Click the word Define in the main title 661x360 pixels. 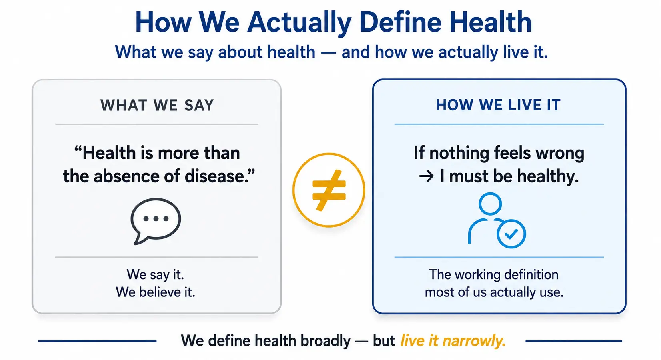pyautogui.click(x=400, y=22)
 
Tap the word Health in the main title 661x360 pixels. pyautogui.click(x=490, y=22)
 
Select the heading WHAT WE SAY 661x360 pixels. pyautogui.click(x=157, y=105)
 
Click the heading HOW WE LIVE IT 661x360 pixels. pyautogui.click(x=498, y=105)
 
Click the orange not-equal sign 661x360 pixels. pyautogui.click(x=329, y=190)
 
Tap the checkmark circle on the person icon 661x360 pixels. pyautogui.click(x=511, y=234)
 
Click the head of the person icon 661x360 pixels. pyautogui.click(x=490, y=204)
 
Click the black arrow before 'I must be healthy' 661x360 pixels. pyautogui.click(x=427, y=177)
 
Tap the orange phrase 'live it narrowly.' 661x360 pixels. pyautogui.click(x=453, y=341)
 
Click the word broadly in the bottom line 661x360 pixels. pyautogui.click(x=326, y=341)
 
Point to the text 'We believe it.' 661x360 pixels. pyautogui.click(x=156, y=292)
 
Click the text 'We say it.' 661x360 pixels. pyautogui.click(x=156, y=274)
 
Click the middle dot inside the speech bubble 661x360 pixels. pyautogui.click(x=156, y=219)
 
